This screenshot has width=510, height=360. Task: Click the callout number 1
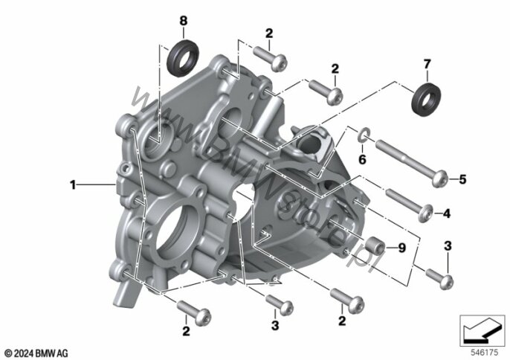tap(73, 185)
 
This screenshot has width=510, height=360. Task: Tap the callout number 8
tap(184, 21)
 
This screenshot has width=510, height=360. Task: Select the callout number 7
tap(427, 64)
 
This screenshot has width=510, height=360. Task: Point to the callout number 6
tap(362, 159)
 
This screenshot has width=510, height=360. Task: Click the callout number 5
tap(462, 179)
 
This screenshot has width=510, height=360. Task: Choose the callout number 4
tap(447, 213)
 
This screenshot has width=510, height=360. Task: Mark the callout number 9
tap(402, 248)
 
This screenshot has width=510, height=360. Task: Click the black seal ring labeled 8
tap(183, 58)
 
